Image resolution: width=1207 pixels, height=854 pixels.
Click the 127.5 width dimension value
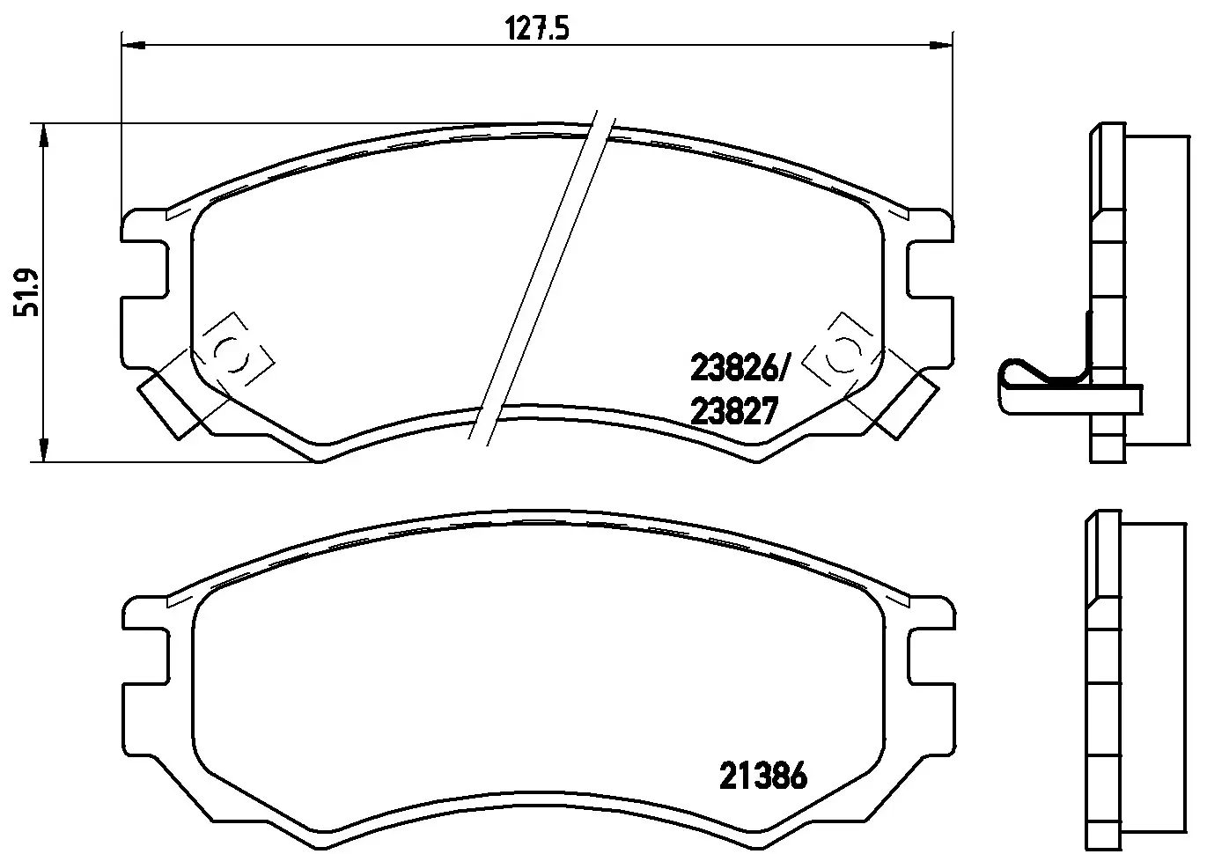[537, 28]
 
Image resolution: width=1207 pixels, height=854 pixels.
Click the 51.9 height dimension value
[26, 291]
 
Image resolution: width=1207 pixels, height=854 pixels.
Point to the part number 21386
[763, 776]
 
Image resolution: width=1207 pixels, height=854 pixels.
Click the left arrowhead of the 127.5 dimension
[134, 45]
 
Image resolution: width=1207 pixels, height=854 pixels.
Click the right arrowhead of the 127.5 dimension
[941, 45]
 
